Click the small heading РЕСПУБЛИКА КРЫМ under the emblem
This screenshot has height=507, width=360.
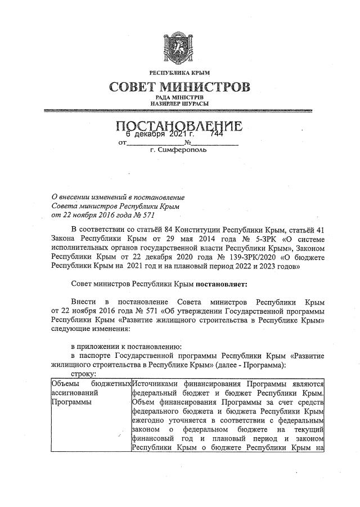(x=179, y=74)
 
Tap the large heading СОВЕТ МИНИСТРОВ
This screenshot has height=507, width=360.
(x=179, y=88)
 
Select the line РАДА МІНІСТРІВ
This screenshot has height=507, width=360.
(x=179, y=98)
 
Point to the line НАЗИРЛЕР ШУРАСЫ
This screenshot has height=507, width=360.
(x=179, y=105)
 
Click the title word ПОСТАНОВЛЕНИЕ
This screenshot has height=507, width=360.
(x=179, y=127)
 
